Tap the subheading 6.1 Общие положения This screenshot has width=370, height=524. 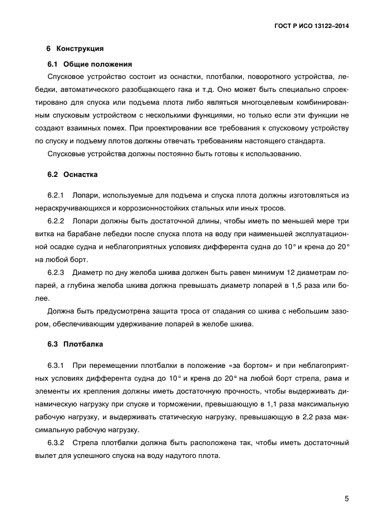click(90, 64)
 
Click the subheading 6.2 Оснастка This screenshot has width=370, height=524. click(72, 175)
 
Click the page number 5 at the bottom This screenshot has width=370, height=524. click(346, 499)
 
